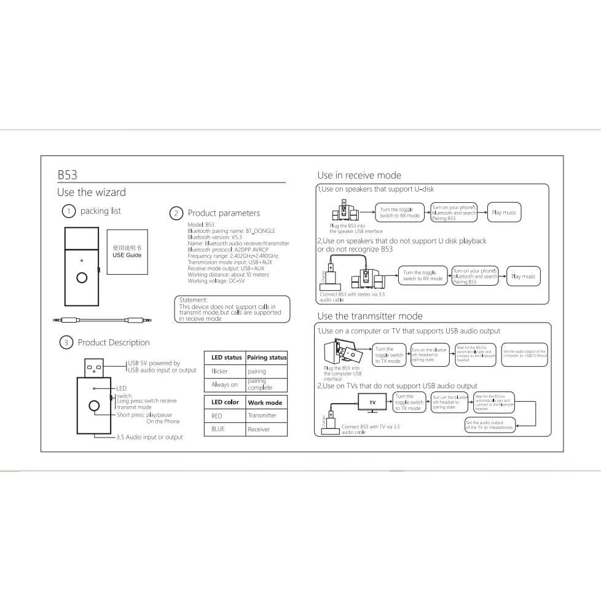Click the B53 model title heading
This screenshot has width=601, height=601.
click(x=68, y=175)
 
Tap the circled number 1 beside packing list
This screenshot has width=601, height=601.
click(x=69, y=211)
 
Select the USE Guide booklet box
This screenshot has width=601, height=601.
click(x=127, y=251)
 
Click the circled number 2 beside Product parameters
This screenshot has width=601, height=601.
click(x=176, y=213)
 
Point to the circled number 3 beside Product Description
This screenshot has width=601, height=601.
click(x=66, y=343)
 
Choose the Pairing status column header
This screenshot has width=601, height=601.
click(x=267, y=357)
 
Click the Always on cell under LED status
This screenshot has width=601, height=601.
click(x=224, y=385)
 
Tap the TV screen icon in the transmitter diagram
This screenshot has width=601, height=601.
click(x=372, y=403)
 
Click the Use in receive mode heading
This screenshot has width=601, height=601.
click(x=359, y=176)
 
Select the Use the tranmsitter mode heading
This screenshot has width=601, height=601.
click(x=370, y=316)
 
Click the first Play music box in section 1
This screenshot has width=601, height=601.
click(x=505, y=213)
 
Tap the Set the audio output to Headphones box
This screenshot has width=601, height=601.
click(x=490, y=425)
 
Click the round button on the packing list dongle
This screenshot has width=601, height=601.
click(x=82, y=278)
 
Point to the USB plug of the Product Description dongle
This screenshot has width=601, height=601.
click(x=95, y=367)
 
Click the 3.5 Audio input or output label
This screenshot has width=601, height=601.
click(x=149, y=438)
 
